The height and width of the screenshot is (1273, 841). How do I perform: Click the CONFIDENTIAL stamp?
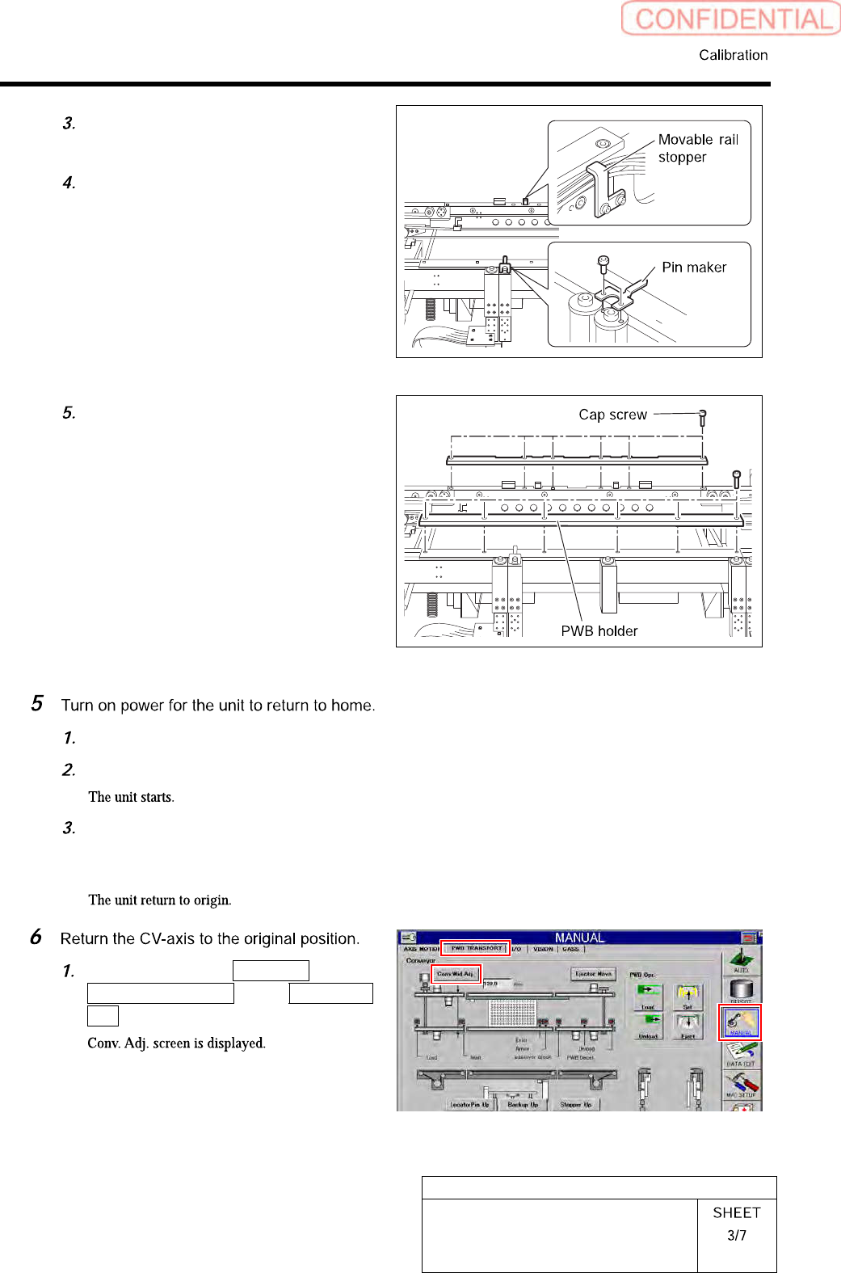tap(731, 19)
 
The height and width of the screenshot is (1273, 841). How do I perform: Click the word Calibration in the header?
tap(733, 55)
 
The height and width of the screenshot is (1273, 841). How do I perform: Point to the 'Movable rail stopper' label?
tap(697, 148)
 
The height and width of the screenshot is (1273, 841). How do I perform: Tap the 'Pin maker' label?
tap(693, 268)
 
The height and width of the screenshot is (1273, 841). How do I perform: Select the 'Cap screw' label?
tap(612, 415)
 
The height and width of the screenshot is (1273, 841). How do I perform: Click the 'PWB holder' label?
tap(599, 631)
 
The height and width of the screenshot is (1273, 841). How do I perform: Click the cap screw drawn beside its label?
tap(702, 417)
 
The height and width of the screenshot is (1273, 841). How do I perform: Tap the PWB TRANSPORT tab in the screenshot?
tap(476, 948)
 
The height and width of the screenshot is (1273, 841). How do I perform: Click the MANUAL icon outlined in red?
tap(740, 1022)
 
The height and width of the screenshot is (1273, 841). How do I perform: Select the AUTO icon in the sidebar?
tap(741, 960)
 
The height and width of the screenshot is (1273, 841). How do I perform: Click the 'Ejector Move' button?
tap(593, 974)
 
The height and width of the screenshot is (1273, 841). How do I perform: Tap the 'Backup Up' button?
tap(523, 1104)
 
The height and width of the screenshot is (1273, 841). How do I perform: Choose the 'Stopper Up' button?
tap(576, 1104)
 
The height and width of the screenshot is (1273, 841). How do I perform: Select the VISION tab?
tap(543, 949)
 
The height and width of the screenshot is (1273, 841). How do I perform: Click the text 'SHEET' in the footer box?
tap(736, 1212)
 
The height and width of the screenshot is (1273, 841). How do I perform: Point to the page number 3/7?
tap(736, 1235)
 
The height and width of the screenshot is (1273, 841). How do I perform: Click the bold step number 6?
tap(36, 937)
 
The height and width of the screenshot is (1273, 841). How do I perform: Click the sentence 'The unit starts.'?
tap(131, 797)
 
